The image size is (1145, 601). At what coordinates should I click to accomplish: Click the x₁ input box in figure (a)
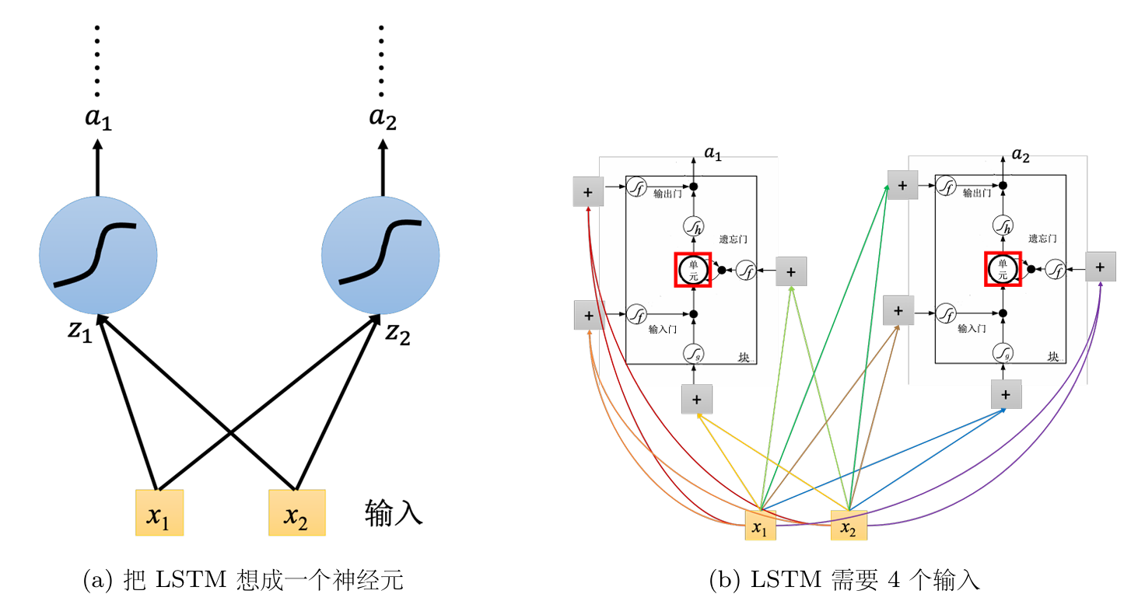[159, 512]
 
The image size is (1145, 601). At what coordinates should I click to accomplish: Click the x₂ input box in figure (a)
[296, 512]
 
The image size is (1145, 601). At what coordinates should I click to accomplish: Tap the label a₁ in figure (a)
[98, 120]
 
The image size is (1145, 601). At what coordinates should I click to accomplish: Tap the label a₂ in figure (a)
[382, 120]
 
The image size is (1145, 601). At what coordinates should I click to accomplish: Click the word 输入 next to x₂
[394, 513]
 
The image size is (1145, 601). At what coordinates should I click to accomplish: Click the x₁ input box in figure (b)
[761, 526]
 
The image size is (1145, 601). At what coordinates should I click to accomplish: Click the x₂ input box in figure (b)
[849, 526]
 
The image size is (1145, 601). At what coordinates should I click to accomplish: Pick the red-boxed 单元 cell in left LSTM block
[692, 270]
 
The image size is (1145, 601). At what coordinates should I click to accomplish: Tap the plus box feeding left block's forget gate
[791, 271]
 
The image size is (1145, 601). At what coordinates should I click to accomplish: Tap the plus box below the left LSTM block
[696, 399]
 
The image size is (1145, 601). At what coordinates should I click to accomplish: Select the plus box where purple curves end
[1100, 267]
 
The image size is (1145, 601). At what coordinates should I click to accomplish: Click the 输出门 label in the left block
[668, 194]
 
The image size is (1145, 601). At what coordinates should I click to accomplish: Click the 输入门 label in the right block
[972, 328]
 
